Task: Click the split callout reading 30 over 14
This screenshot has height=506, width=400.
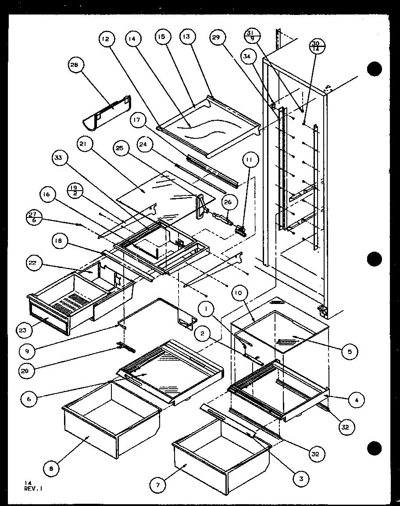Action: click(315, 46)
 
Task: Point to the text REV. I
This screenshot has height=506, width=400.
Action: click(34, 488)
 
